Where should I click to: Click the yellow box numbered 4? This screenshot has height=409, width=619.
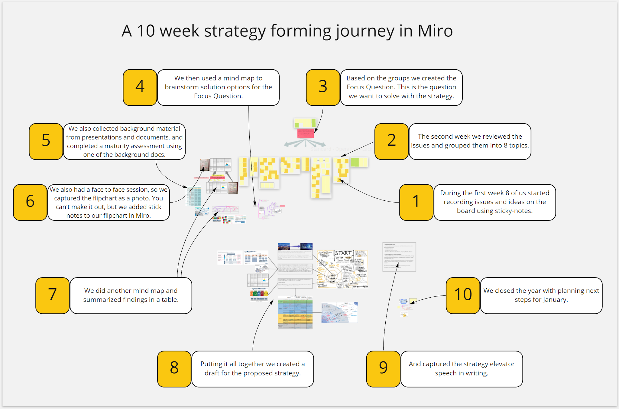[x=140, y=87]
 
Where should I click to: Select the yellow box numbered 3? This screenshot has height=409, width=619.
[x=323, y=87]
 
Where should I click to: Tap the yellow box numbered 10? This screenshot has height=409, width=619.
[x=463, y=295]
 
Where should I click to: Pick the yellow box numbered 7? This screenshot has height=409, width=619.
[x=53, y=295]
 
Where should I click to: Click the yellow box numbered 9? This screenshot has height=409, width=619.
[x=383, y=368]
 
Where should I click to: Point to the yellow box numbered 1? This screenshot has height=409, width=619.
[x=416, y=202]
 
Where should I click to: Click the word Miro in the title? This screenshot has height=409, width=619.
[x=435, y=31]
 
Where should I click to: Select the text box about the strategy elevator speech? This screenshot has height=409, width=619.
[x=462, y=368]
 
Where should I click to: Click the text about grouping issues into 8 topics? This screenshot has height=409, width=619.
[x=470, y=141]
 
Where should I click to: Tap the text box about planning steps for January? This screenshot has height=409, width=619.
[x=541, y=295]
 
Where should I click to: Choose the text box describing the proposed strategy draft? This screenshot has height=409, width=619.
[x=252, y=368]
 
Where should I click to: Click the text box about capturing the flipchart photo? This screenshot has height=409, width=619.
[x=109, y=202]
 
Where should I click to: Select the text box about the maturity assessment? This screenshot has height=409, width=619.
[x=124, y=141]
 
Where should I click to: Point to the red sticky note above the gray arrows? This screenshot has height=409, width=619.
[x=306, y=133]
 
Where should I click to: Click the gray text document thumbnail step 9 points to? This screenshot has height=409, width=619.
[x=399, y=257]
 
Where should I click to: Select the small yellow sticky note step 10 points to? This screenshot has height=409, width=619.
[x=413, y=301]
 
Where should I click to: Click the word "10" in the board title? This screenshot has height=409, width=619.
[x=146, y=31]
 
